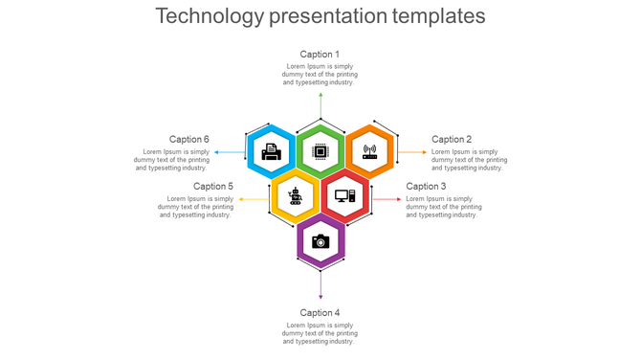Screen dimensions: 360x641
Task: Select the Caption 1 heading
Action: click(x=320, y=55)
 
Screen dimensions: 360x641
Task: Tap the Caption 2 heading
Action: click(x=452, y=140)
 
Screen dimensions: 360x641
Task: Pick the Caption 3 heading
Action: click(x=426, y=187)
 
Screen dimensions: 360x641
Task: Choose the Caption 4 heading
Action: click(x=320, y=313)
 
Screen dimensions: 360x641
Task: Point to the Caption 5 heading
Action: click(x=213, y=187)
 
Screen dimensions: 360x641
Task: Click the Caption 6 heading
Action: click(x=189, y=140)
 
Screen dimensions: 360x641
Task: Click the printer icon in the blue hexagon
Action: click(x=272, y=151)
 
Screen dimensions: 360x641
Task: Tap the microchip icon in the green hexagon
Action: click(x=320, y=151)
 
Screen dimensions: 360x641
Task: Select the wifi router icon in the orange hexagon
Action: click(x=369, y=151)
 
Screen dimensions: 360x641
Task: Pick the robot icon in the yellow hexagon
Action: click(x=296, y=196)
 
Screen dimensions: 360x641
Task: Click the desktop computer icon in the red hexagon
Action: click(x=344, y=196)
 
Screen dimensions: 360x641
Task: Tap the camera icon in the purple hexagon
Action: click(x=320, y=241)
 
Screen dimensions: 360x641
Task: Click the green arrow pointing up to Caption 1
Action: click(x=320, y=105)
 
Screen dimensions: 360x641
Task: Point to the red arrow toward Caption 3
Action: click(x=387, y=198)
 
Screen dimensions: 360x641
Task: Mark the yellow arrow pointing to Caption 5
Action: click(x=254, y=198)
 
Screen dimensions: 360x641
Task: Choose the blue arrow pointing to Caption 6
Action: click(x=230, y=151)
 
